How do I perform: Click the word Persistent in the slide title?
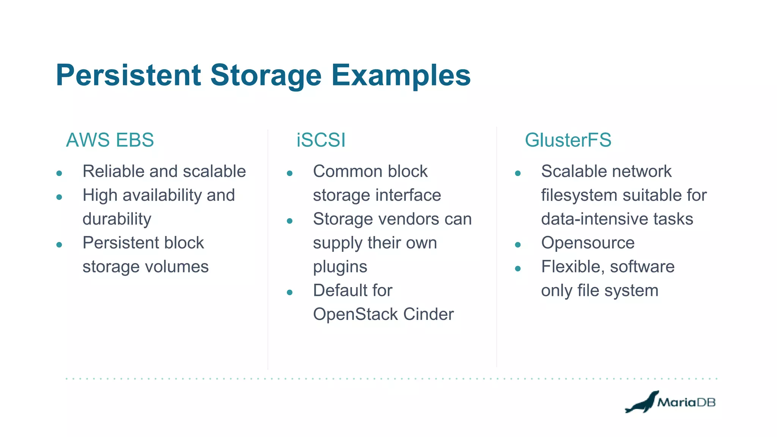(x=128, y=75)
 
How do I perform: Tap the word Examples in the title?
(x=401, y=75)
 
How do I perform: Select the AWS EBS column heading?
(x=110, y=140)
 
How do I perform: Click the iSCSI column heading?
(x=321, y=140)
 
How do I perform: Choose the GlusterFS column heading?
(x=568, y=140)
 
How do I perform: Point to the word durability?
(x=117, y=219)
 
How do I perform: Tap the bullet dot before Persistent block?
(x=59, y=245)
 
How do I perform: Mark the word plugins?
(x=340, y=267)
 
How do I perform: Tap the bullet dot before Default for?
(x=290, y=292)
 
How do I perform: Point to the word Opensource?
(x=588, y=243)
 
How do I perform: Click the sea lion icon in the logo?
(x=642, y=403)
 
